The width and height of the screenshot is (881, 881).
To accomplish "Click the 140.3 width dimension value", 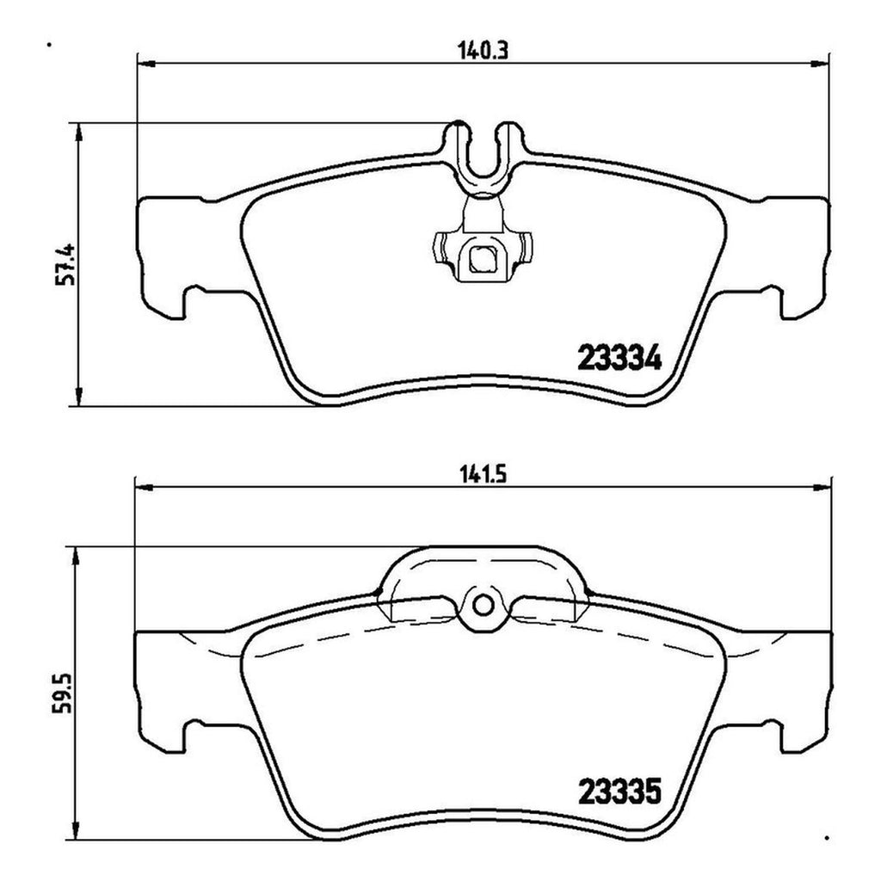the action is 484,51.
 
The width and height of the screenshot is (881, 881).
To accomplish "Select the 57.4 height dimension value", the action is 65,264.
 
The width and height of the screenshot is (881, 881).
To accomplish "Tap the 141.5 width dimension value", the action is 483,475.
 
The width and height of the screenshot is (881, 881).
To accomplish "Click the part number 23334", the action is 619,358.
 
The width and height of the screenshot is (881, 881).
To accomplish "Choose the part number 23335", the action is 619,792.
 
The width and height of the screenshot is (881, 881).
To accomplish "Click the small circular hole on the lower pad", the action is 483,605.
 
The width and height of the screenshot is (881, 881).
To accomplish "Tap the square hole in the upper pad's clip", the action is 482,259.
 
